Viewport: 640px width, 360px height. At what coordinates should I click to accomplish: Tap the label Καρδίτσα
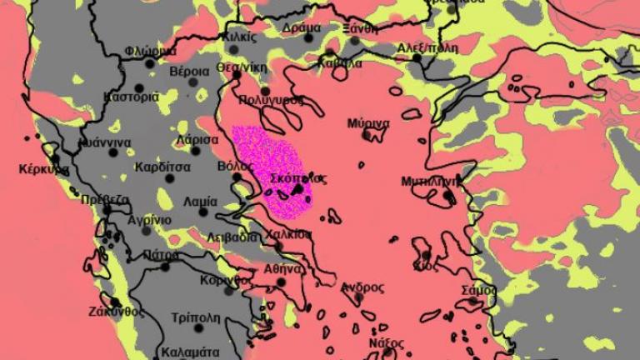[x=162, y=167]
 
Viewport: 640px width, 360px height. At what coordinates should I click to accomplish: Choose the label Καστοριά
[x=131, y=97]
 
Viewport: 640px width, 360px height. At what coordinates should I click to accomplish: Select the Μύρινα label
[x=370, y=124]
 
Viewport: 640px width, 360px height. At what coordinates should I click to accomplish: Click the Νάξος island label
[x=386, y=343]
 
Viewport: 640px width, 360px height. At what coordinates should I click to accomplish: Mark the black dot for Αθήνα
[x=281, y=282]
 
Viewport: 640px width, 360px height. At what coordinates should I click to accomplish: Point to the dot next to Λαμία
[x=202, y=212]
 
